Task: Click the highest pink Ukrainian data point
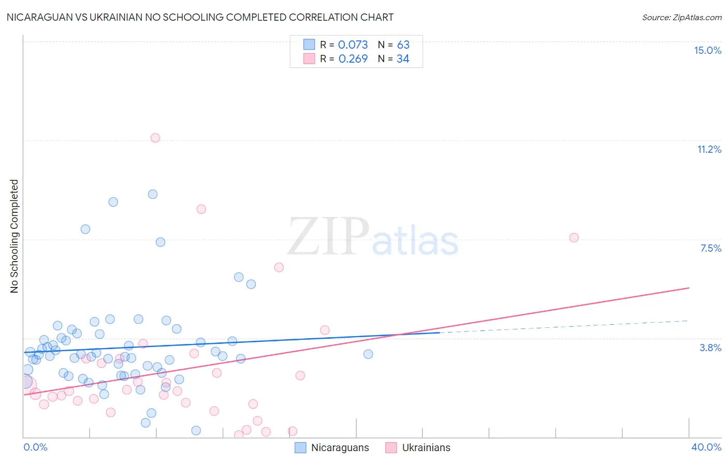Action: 155,138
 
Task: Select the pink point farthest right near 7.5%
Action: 574,238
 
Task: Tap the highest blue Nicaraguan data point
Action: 153,194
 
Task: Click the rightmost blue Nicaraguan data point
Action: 368,354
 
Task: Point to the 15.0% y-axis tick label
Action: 707,50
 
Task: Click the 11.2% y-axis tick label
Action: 709,149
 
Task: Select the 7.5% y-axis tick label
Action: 710,248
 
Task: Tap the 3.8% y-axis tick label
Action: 710,348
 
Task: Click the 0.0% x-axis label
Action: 35,447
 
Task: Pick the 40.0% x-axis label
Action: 706,447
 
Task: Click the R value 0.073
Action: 353,45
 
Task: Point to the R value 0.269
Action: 353,59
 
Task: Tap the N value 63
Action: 403,45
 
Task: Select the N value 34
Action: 403,59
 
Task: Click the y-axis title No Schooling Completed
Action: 14,236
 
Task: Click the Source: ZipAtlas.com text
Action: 681,18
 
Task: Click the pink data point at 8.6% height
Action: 201,209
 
